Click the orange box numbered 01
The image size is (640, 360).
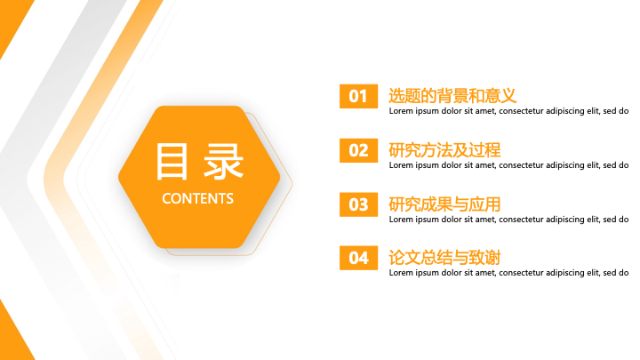pyautogui.click(x=358, y=96)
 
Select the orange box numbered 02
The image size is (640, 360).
pyautogui.click(x=358, y=150)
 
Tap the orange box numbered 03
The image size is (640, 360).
pyautogui.click(x=358, y=204)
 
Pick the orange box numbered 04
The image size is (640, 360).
pyautogui.click(x=358, y=258)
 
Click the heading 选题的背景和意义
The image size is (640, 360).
pyautogui.click(x=452, y=96)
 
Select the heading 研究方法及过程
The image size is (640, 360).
pyautogui.click(x=444, y=150)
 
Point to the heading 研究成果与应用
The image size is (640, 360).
pyautogui.click(x=444, y=204)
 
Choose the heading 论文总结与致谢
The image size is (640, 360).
pyautogui.click(x=444, y=258)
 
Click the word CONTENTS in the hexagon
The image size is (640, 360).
pyautogui.click(x=197, y=199)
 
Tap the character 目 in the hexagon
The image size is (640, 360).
pyautogui.click(x=172, y=162)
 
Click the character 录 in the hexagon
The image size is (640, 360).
pyautogui.click(x=224, y=162)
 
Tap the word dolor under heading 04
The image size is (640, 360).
pyautogui.click(x=452, y=273)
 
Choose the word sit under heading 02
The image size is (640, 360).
pyautogui.click(x=468, y=165)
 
